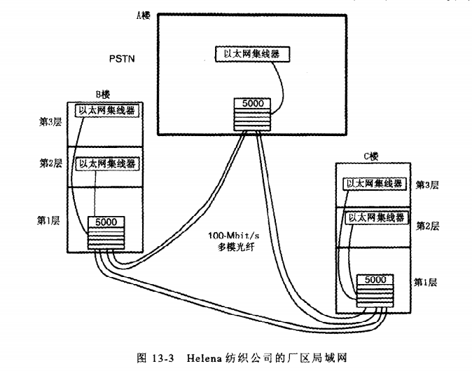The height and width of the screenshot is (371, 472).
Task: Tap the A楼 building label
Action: point(142,15)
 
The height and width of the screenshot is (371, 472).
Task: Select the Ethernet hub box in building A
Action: point(251,53)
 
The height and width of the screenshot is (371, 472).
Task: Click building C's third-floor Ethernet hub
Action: point(373,184)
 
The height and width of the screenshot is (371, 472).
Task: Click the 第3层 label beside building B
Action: point(50,121)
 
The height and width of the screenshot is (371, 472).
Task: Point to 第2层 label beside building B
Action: point(50,163)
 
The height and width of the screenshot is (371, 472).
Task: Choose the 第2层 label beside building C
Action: point(427,226)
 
